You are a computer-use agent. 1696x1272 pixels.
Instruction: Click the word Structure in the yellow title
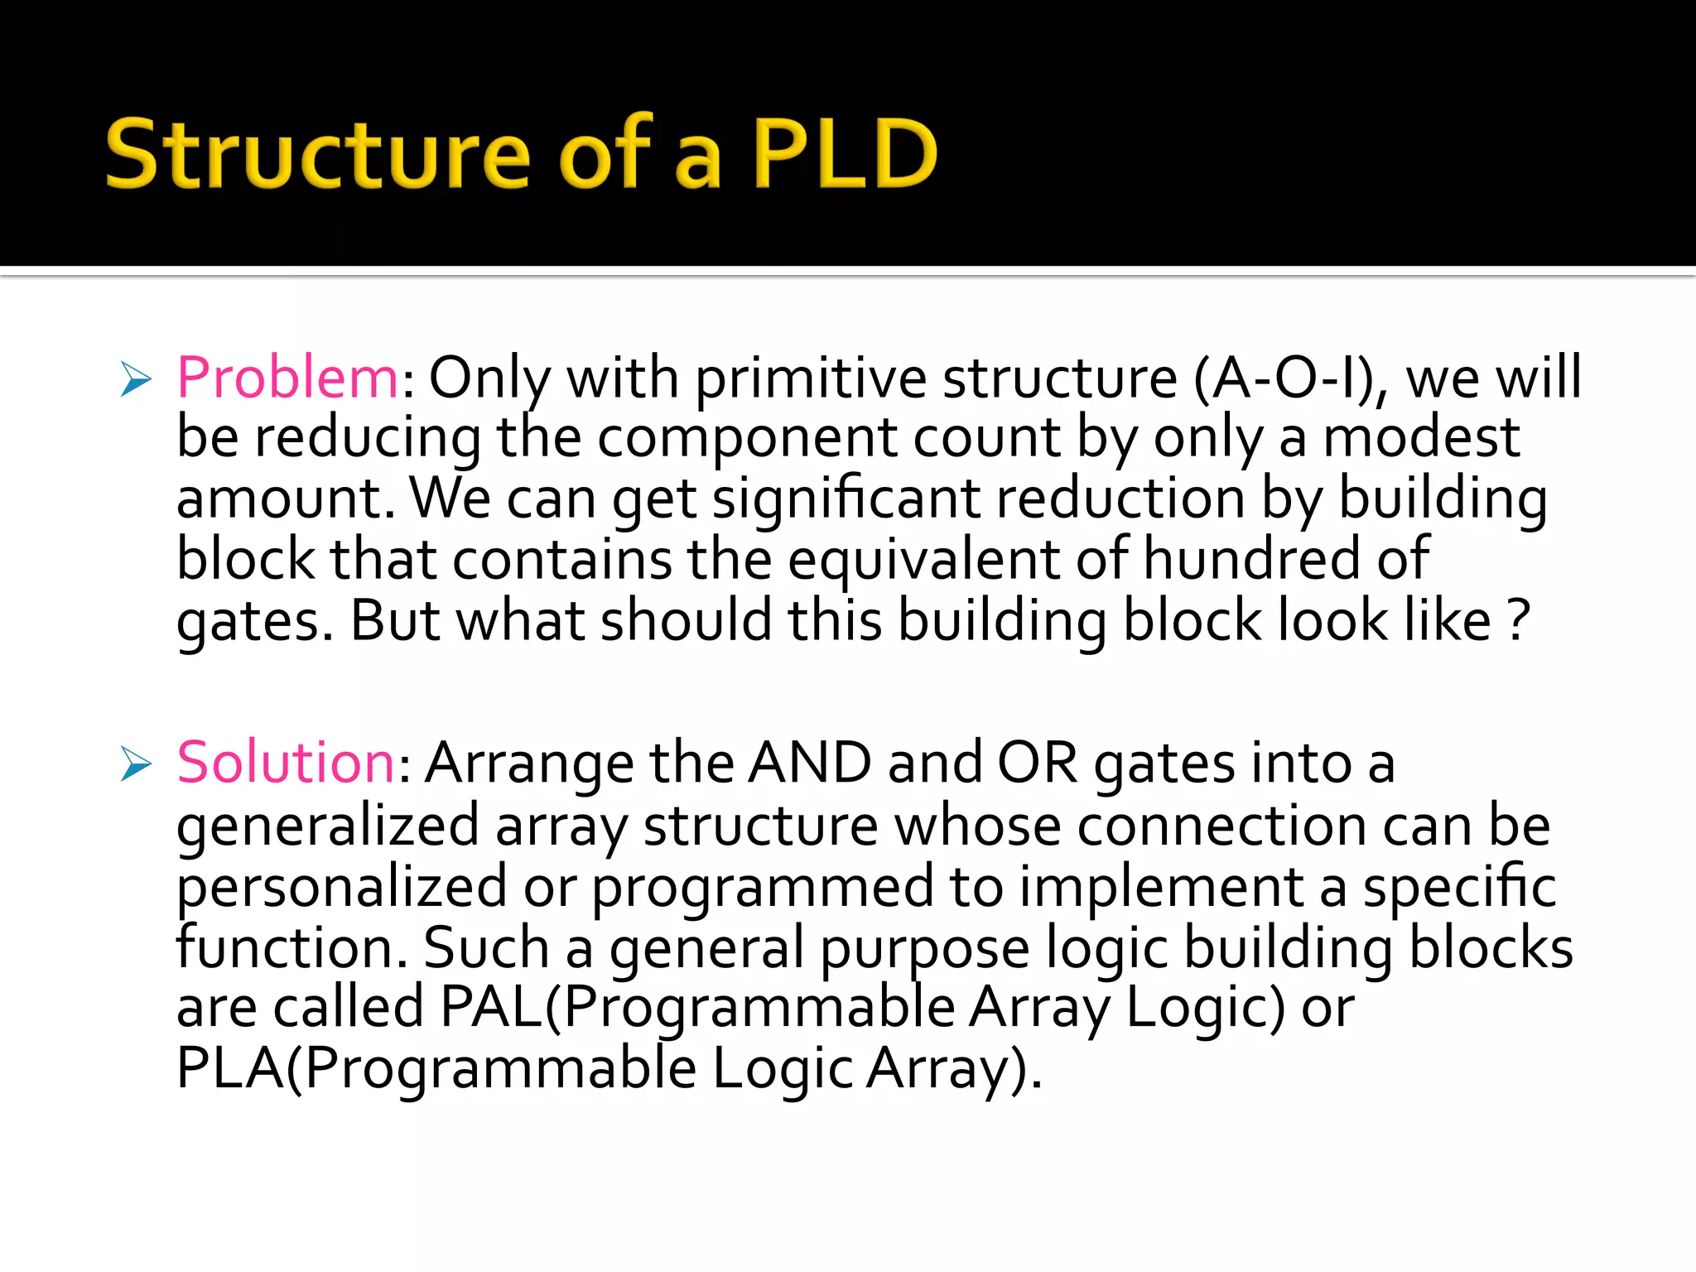coord(318,154)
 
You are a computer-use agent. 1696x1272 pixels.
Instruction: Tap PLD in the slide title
coord(845,154)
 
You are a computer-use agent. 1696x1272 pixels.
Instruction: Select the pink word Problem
coord(288,378)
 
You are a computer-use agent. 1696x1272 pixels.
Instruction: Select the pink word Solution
coord(287,763)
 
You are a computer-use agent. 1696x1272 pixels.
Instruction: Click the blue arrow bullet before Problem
coord(136,379)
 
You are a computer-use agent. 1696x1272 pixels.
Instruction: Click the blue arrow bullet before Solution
coord(136,764)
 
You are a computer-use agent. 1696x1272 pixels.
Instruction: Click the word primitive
coord(811,378)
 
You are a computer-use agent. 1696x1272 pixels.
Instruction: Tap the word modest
coord(1421,437)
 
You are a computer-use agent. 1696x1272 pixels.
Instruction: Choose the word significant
coord(846,499)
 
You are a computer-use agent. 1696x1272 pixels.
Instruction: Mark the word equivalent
coord(923,559)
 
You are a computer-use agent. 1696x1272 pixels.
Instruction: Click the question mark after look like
coord(1517,620)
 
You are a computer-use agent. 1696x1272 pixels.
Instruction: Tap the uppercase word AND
coord(810,763)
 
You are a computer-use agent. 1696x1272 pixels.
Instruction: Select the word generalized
coord(328,826)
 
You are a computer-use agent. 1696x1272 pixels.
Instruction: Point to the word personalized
coord(342,887)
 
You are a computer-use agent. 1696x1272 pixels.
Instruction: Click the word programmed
coord(762,887)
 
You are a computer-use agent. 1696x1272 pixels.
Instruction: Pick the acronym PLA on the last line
coord(230,1068)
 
